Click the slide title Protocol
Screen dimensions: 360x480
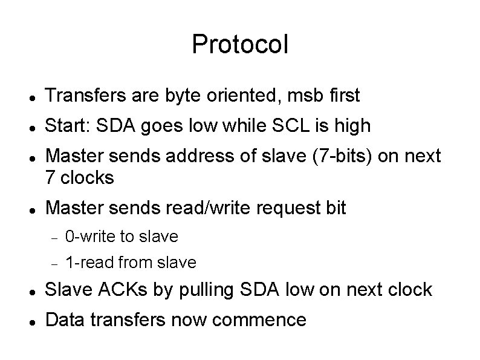point(240,44)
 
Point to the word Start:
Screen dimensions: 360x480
point(67,126)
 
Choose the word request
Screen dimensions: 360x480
point(281,208)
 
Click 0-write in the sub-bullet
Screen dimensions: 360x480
point(90,236)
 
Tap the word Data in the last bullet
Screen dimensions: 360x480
point(66,319)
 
